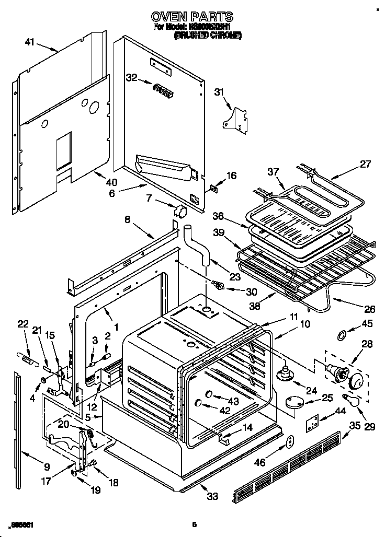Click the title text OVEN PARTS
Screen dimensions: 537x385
[192, 17]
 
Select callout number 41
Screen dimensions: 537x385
[30, 42]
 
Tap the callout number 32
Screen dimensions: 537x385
[131, 78]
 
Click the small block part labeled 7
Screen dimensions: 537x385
[182, 211]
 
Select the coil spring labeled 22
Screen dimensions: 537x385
[27, 357]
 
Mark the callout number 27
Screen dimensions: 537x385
[365, 164]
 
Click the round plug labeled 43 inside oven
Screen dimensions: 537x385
[208, 393]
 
